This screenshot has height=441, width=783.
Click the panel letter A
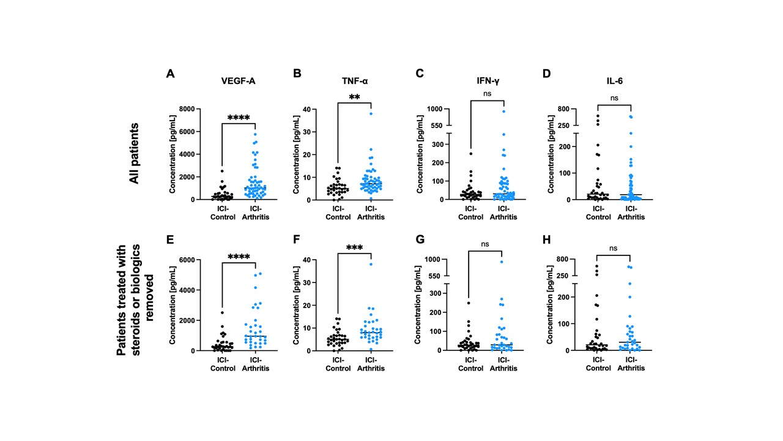(x=171, y=73)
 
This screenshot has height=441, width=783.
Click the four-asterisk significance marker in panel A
(x=239, y=118)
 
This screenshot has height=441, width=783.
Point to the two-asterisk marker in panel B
(x=354, y=98)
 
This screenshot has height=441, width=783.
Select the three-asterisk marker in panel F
(x=354, y=249)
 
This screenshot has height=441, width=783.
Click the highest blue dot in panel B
(x=371, y=113)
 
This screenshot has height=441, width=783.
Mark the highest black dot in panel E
(x=221, y=312)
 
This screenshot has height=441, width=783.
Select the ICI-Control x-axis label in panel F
(x=337, y=364)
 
